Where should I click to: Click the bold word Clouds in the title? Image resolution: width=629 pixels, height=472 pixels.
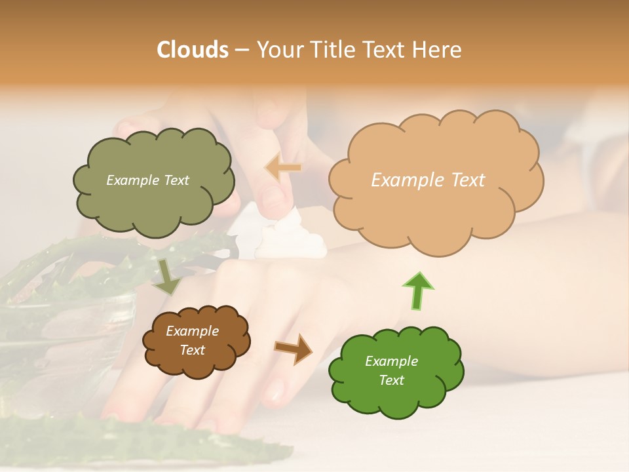click(193, 50)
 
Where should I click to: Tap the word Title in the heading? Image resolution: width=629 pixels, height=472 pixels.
click(333, 50)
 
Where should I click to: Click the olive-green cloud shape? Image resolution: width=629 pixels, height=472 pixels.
click(153, 203)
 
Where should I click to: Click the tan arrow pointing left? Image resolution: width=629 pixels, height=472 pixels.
click(283, 168)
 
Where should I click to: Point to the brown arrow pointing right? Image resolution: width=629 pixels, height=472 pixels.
click(294, 349)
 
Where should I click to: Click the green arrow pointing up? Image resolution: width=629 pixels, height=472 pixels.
click(417, 290)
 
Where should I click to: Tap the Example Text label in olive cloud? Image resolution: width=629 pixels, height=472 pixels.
click(147, 180)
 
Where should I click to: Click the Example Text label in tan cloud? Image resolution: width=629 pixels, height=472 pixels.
click(428, 180)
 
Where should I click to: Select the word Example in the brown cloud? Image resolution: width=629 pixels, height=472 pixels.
click(192, 331)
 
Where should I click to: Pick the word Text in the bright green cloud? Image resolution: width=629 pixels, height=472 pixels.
click(391, 380)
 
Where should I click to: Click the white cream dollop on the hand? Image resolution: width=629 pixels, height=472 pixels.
click(288, 239)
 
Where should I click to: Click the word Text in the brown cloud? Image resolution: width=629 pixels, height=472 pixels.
click(192, 350)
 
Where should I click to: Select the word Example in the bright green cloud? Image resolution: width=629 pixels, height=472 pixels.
click(391, 361)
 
